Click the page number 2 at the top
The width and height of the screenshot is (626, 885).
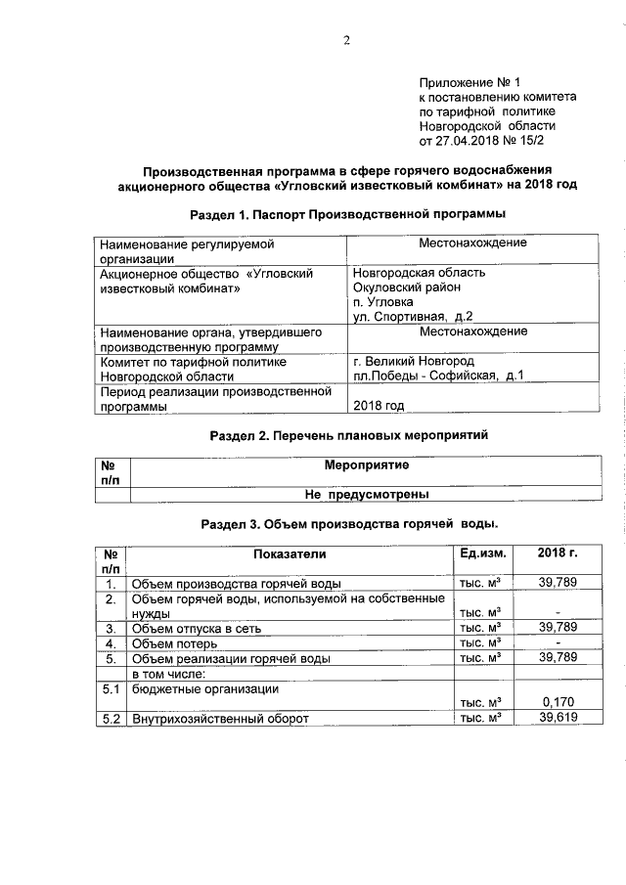(x=345, y=40)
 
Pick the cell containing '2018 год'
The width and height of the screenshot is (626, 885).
(x=379, y=405)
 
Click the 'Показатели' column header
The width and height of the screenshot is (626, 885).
(x=289, y=554)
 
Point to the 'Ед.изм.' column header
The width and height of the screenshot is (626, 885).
(x=481, y=554)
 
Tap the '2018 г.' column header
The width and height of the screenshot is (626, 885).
(x=558, y=554)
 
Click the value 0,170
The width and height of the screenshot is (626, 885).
(x=558, y=701)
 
